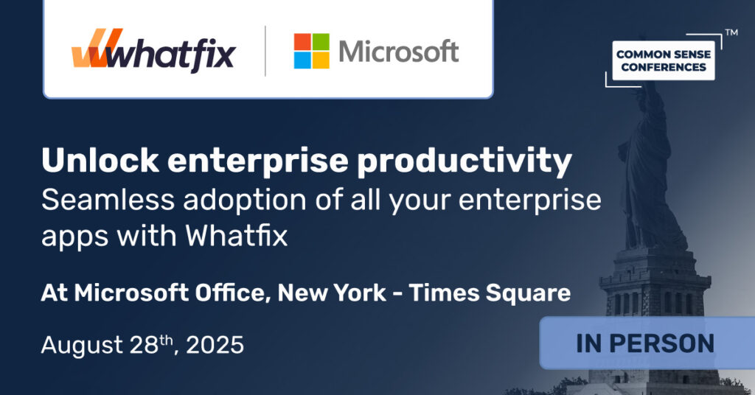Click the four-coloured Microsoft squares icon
(x=312, y=52)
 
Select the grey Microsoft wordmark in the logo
(x=399, y=52)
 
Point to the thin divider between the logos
(x=265, y=52)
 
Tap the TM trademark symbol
(x=731, y=33)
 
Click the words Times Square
(x=490, y=293)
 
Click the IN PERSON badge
(x=646, y=343)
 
